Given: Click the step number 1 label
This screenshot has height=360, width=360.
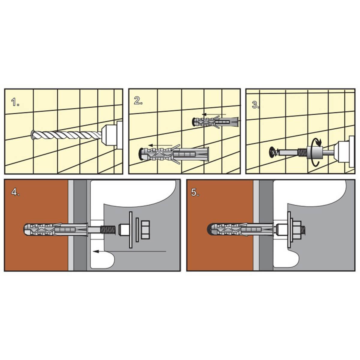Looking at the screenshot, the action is pos(15,102).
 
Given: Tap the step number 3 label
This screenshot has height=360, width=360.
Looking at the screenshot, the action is pos(256,105).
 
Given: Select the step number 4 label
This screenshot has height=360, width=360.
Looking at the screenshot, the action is pos(15,192).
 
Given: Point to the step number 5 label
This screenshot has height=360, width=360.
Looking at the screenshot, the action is pos(195,192).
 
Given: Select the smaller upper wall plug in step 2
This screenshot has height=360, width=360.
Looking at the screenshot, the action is pos(215,121).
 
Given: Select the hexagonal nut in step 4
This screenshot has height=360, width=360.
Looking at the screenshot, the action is pos(145,230).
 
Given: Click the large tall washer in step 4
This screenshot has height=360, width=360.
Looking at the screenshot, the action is pos(130,230).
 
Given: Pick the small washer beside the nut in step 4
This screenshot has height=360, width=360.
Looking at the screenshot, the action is pos(137,230).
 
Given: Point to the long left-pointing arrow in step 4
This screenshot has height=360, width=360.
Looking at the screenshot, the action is pos(130,251).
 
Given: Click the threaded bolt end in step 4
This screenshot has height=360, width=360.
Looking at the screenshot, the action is pos(108,230).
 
